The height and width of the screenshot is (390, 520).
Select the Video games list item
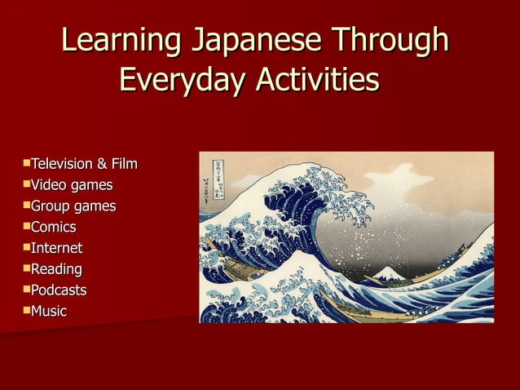click(x=72, y=185)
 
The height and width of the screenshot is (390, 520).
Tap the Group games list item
click(x=73, y=206)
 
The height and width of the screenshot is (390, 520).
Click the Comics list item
click(x=54, y=227)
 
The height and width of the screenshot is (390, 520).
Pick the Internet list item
click(x=57, y=248)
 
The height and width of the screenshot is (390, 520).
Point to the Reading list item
click(x=56, y=269)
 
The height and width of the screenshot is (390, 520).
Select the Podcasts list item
click(x=59, y=290)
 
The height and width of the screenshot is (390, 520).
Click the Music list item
click(x=49, y=311)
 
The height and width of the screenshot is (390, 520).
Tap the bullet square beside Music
click(x=27, y=309)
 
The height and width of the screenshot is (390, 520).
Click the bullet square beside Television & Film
click(x=27, y=163)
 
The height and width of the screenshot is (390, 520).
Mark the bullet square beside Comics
click(x=27, y=225)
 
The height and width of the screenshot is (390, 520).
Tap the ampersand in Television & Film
click(x=102, y=165)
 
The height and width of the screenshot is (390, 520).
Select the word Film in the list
click(x=123, y=165)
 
